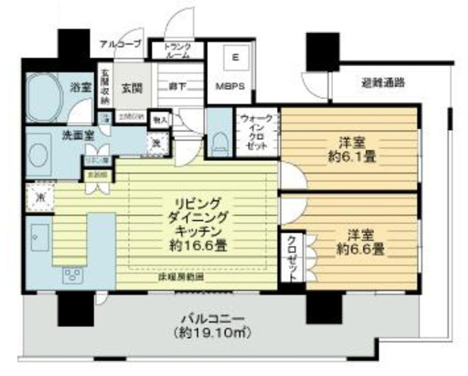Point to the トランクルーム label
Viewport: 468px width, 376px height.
pyautogui.click(x=177, y=50)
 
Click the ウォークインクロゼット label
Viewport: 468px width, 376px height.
pyautogui.click(x=256, y=129)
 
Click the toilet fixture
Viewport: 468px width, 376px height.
pyautogui.click(x=220, y=144)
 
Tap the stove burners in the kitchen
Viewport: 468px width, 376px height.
pyautogui.click(x=73, y=275)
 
